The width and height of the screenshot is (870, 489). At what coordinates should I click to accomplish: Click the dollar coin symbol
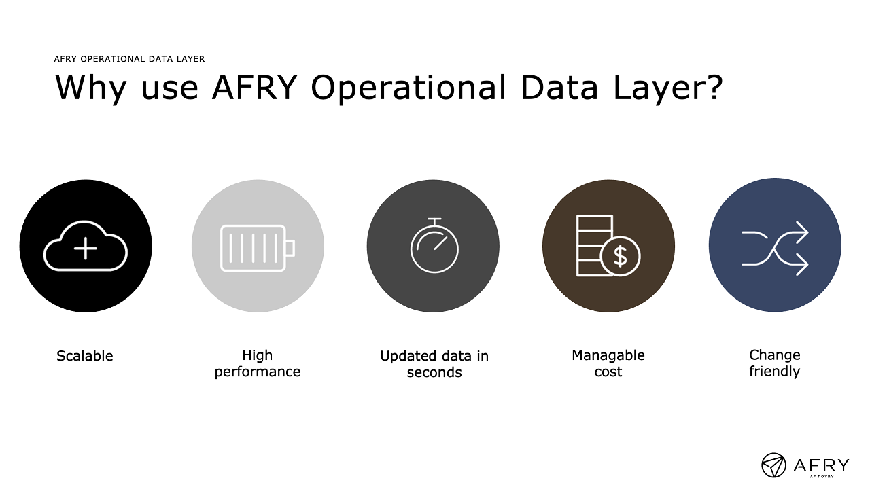[x=621, y=256]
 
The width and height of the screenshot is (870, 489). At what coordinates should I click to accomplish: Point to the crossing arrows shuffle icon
[x=774, y=249]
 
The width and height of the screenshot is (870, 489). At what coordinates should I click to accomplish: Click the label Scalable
[x=85, y=356]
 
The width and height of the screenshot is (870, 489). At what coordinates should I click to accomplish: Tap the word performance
[x=258, y=372]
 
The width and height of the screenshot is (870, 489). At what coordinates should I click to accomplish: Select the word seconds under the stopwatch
[x=434, y=373]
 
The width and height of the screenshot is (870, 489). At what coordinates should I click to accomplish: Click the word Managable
[x=608, y=356]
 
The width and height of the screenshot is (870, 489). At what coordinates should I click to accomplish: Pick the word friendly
[x=774, y=372]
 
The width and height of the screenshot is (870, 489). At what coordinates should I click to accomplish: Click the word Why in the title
[x=91, y=89]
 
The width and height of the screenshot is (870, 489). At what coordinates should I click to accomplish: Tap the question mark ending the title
[x=714, y=86]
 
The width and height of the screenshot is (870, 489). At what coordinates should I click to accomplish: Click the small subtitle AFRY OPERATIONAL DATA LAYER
[x=129, y=59]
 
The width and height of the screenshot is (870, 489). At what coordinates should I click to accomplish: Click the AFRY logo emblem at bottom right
[x=773, y=465]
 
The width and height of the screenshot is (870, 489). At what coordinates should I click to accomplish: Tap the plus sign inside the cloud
[x=86, y=248]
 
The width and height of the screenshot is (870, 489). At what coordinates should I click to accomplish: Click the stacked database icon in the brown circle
[x=594, y=246]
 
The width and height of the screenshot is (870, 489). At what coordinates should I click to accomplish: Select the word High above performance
[x=257, y=356]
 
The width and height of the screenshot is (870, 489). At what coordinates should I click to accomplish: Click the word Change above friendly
[x=774, y=356]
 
